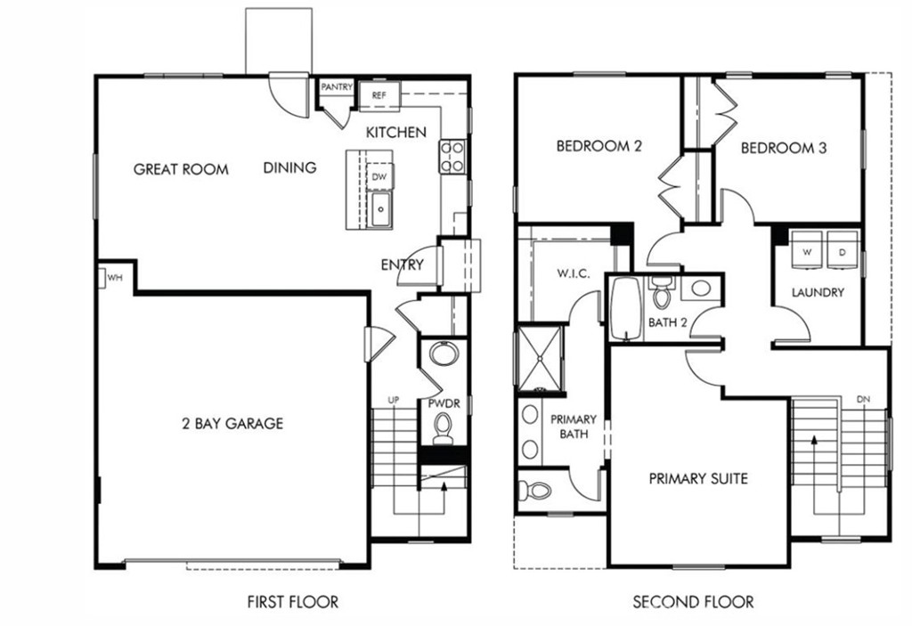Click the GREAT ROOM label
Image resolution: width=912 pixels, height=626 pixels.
(x=181, y=169)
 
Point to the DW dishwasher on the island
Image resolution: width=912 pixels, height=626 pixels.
(x=379, y=176)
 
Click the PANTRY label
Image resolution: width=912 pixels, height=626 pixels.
(x=337, y=87)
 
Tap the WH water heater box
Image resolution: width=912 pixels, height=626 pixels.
(x=114, y=278)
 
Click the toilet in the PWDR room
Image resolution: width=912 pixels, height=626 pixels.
(x=443, y=431)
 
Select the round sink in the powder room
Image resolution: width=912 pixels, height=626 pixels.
(x=443, y=354)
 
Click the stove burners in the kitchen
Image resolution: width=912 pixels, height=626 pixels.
(x=452, y=156)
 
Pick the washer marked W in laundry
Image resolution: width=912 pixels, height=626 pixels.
(x=807, y=252)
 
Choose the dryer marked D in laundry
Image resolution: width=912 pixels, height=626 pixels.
(x=842, y=252)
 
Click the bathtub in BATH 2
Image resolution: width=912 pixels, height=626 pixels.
(x=626, y=308)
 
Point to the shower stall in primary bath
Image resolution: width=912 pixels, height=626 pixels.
(x=540, y=358)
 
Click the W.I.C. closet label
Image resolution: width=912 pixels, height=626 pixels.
(x=574, y=273)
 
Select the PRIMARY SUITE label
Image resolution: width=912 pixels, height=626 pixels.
(x=697, y=479)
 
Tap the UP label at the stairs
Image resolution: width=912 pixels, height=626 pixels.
(x=392, y=400)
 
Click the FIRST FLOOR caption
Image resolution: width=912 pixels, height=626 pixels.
(x=293, y=602)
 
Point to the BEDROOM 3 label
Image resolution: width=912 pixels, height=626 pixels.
(x=783, y=148)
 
